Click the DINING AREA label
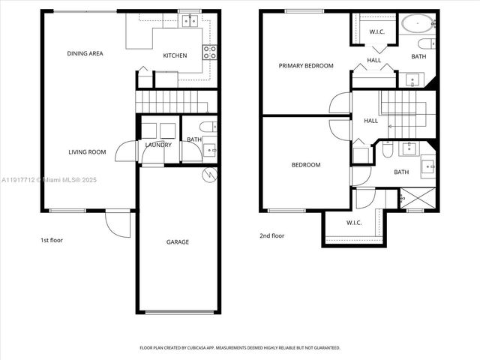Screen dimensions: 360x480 [x=85, y=53]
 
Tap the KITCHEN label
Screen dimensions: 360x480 [x=175, y=55]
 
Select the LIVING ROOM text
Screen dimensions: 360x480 [x=87, y=152]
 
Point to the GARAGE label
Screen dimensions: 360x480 [x=178, y=241]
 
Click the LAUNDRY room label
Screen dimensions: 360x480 [x=158, y=145]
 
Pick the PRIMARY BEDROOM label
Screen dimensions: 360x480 [x=306, y=66]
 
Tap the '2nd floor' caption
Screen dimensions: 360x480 [x=271, y=235]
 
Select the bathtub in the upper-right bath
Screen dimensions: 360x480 [x=415, y=23]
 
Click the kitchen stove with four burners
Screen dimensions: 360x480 [x=211, y=52]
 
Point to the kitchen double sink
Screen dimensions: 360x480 [x=190, y=20]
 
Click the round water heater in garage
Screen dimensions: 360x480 [x=211, y=175]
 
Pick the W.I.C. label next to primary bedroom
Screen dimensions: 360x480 [x=376, y=31]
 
